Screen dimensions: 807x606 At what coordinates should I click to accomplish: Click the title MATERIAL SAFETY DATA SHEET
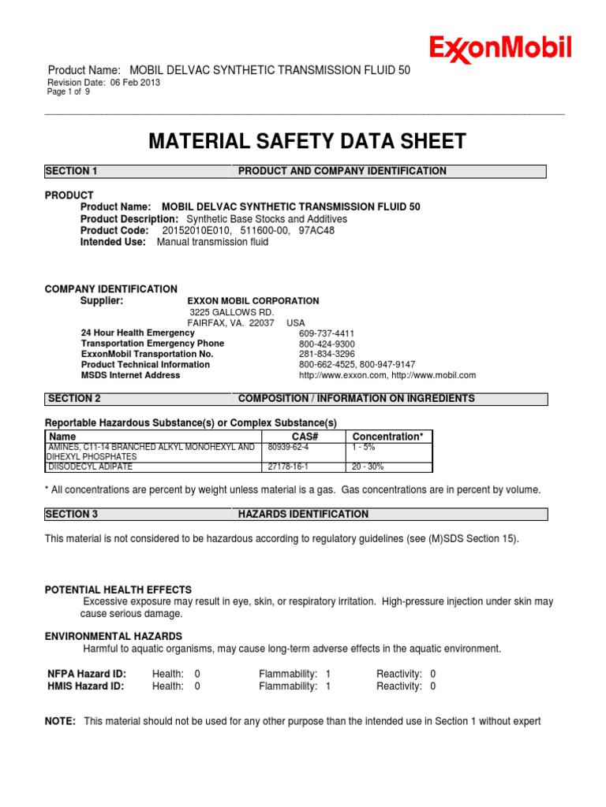pyautogui.click(x=308, y=142)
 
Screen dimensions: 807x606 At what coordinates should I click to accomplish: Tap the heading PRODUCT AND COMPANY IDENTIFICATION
pyautogui.click(x=342, y=171)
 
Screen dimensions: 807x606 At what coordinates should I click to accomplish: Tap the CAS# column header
pyautogui.click(x=304, y=437)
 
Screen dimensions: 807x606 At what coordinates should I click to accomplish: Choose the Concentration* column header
pyautogui.click(x=387, y=437)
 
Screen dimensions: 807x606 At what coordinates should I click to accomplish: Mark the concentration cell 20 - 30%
pyautogui.click(x=368, y=467)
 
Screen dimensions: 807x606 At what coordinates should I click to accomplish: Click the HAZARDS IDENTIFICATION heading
pyautogui.click(x=303, y=515)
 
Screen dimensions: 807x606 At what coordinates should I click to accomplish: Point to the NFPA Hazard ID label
pyautogui.click(x=87, y=674)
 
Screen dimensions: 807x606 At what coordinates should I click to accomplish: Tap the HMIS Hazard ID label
pyautogui.click(x=86, y=686)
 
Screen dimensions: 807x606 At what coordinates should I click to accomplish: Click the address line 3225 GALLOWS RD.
pyautogui.click(x=230, y=312)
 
